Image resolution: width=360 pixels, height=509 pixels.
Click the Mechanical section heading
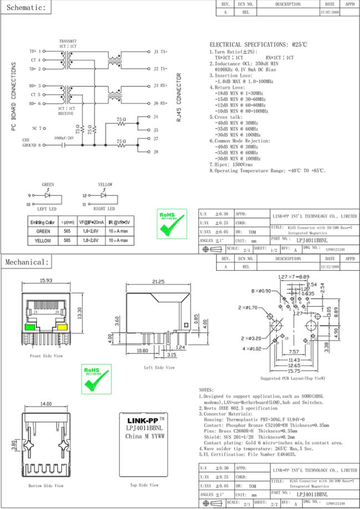[27, 261]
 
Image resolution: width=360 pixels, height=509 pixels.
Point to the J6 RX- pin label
[160, 103]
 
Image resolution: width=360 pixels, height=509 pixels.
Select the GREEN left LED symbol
[48, 196]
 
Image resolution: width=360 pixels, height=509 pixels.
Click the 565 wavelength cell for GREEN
[67, 231]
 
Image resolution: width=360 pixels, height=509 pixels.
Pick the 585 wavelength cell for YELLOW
[67, 240]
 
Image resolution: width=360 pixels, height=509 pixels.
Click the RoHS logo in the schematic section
[167, 225]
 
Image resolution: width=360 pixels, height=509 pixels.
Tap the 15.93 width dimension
[46, 281]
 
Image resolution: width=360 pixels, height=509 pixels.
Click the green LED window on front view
[29, 327]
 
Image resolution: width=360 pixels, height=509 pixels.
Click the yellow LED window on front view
[63, 327]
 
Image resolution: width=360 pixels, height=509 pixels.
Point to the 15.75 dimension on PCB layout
[293, 372]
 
